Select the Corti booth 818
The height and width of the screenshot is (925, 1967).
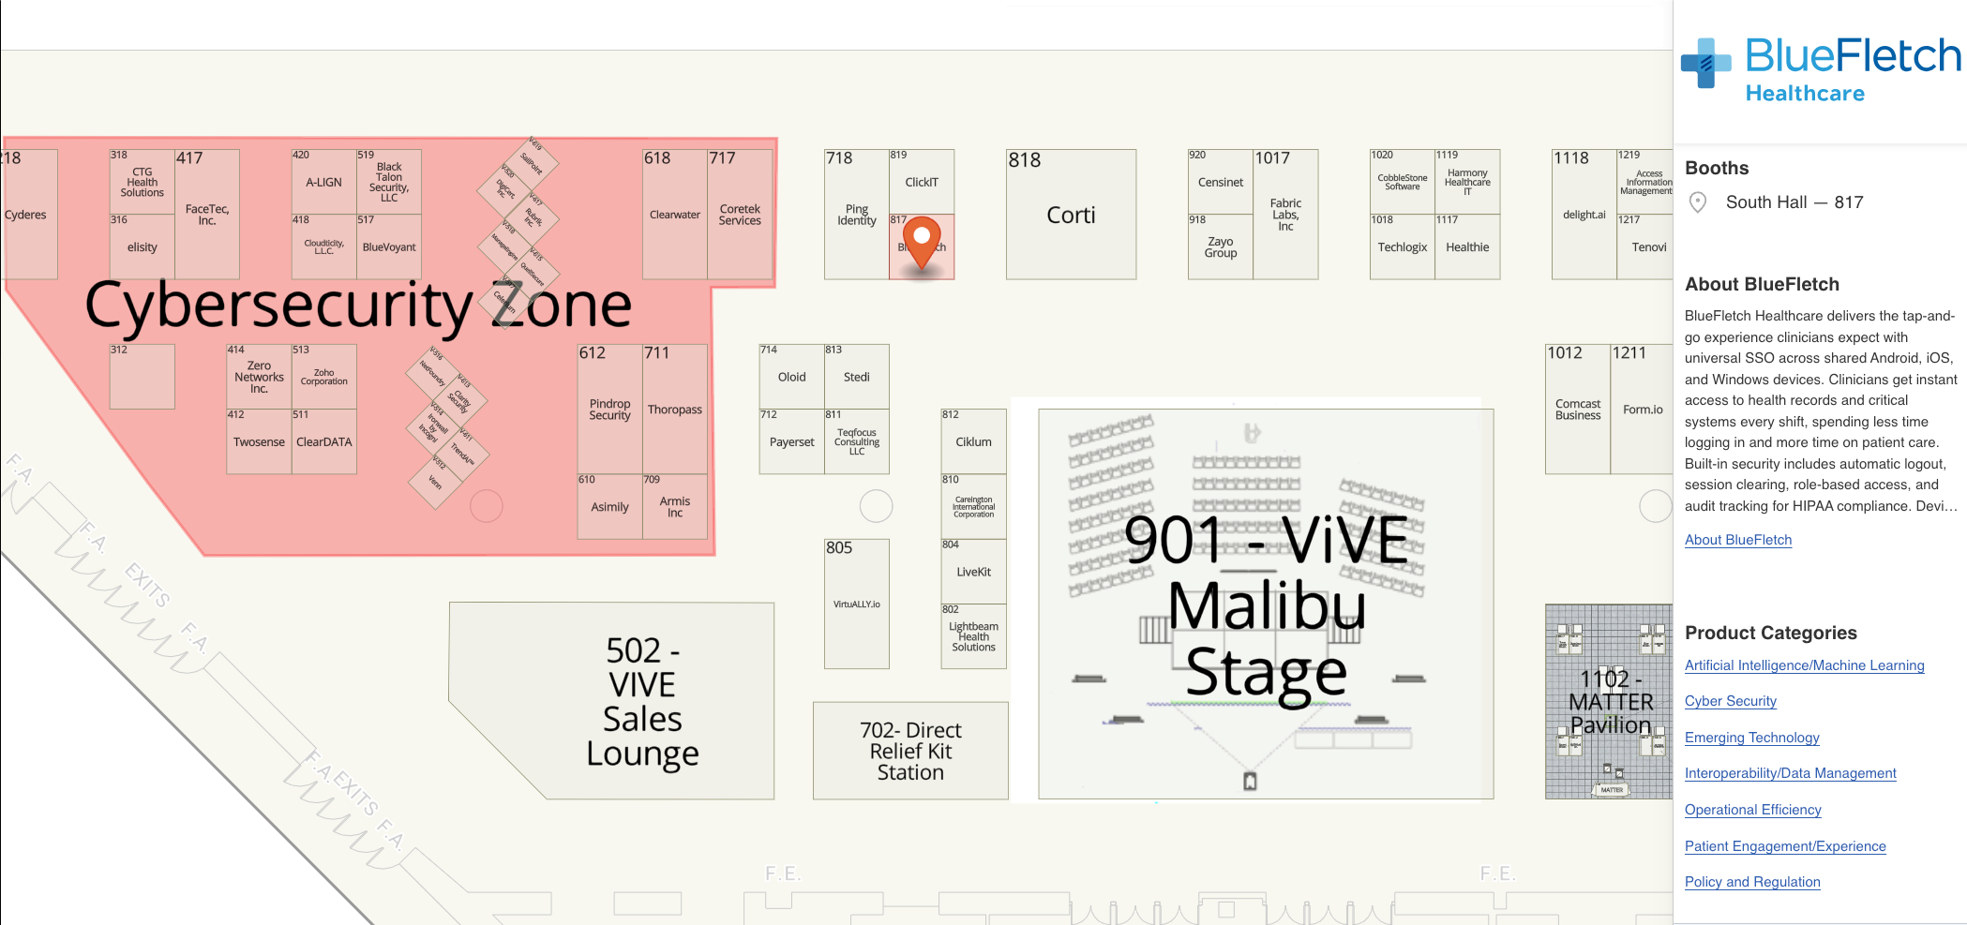pos(1071,216)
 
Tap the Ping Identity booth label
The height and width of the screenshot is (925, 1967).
pos(856,216)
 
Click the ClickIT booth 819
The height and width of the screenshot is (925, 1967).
pos(922,183)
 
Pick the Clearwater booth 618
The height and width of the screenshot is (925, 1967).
pos(674,216)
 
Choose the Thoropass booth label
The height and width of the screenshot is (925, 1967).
pos(674,410)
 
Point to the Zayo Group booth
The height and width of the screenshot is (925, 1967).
pos(1220,247)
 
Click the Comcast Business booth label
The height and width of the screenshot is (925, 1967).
pos(1578,410)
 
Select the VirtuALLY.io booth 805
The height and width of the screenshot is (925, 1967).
pos(856,604)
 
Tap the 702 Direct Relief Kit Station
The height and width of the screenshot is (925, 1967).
pos(910,751)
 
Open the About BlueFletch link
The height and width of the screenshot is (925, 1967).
pos(1737,540)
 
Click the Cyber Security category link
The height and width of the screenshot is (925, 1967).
pos(1730,701)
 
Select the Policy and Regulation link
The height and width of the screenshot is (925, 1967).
pos(1751,882)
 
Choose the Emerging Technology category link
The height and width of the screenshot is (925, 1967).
pos(1751,738)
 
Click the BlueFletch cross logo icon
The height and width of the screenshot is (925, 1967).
pos(1706,63)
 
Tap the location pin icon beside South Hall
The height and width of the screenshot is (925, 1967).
pos(1697,202)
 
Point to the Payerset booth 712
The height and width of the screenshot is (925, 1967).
pos(791,442)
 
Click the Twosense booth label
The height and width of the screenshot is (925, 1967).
pos(259,442)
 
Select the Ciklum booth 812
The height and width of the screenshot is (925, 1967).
pos(973,442)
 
